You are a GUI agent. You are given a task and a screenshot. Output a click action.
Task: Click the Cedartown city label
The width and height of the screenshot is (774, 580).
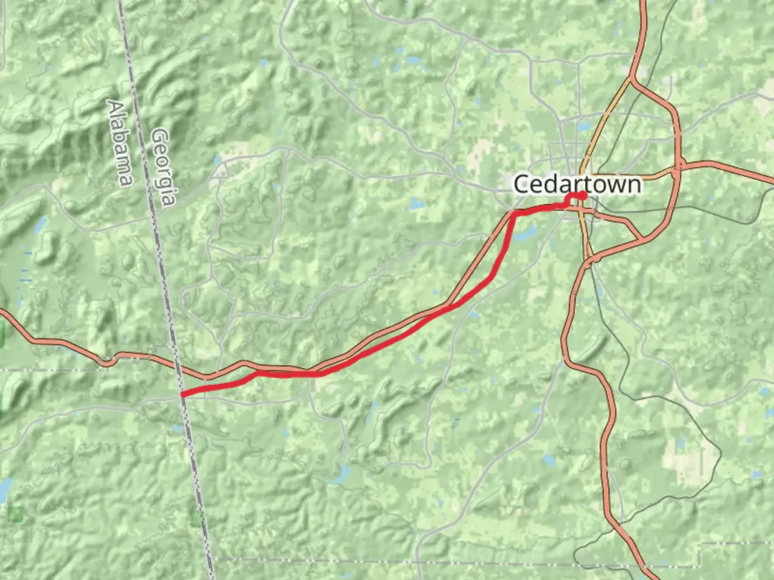click(577, 184)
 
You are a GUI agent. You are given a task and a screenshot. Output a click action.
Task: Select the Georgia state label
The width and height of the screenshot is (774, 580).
click(163, 166)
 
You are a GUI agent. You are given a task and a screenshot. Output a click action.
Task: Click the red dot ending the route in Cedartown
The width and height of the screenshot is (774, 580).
click(583, 195)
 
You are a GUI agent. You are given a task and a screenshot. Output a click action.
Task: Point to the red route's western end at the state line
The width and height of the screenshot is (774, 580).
click(183, 394)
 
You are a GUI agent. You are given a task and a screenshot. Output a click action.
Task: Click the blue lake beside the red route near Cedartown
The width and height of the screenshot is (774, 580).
click(527, 233)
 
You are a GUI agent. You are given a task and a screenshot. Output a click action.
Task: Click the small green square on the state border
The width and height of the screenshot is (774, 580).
click(196, 518)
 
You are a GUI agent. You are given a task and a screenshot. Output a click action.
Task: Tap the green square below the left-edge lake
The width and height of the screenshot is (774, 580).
click(16, 513)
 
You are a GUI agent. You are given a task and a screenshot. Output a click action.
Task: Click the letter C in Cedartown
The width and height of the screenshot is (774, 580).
click(521, 185)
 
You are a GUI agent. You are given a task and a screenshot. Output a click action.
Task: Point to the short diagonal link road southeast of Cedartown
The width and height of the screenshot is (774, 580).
click(634, 230)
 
